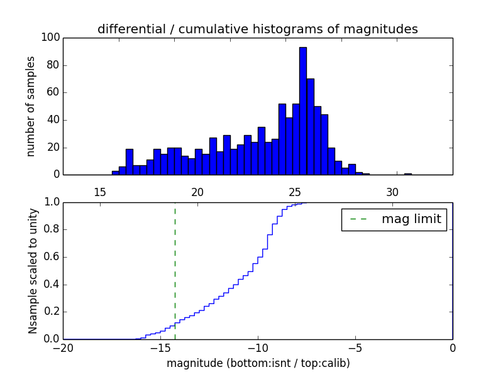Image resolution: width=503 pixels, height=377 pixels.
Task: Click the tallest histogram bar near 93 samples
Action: coord(303,111)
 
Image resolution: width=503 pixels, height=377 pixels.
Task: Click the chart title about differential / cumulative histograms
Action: coord(258,29)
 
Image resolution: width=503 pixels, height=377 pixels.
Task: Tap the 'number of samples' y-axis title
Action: coord(30,106)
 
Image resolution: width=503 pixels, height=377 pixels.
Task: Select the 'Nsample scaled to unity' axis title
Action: coord(33,270)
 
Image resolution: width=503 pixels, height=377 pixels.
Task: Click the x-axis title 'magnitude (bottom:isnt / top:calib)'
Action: coord(258,363)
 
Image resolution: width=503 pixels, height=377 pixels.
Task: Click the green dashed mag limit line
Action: coord(175,270)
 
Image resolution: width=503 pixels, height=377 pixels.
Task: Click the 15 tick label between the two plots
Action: coord(100,192)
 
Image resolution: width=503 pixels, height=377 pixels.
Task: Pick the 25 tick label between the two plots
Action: coord(295,192)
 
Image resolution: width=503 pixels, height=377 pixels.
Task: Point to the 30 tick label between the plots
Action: coord(392,192)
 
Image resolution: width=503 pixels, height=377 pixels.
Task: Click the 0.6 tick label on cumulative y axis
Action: coord(52,257)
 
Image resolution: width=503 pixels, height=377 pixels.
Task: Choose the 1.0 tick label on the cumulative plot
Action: coord(52,202)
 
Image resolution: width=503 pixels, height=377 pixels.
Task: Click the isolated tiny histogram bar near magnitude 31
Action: coord(408,173)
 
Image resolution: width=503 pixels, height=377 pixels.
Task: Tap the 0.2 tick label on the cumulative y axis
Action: coord(52,312)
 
